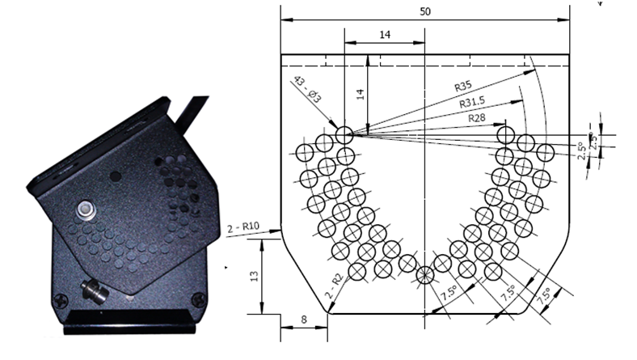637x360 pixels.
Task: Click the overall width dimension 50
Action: [425, 11]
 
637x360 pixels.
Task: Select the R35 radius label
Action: [463, 87]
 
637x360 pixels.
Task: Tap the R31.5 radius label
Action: [472, 103]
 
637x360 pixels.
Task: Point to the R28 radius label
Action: [476, 118]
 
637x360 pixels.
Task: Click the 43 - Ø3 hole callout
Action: [307, 89]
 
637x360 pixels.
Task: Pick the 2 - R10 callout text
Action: [243, 227]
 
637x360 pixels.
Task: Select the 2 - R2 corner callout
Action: [335, 287]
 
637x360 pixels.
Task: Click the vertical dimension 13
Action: [254, 276]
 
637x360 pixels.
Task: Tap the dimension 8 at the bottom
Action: [304, 320]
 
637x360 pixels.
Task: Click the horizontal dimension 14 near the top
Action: [385, 35]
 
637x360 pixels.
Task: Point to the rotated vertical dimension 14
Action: [361, 95]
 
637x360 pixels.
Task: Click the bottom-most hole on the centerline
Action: [425, 275]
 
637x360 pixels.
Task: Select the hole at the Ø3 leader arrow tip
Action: [344, 134]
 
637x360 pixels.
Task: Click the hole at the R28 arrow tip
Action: [506, 134]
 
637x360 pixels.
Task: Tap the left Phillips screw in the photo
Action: [61, 301]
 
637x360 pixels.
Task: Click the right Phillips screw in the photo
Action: [199, 300]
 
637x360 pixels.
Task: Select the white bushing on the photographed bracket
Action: [86, 210]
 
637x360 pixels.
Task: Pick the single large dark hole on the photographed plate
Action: [116, 176]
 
